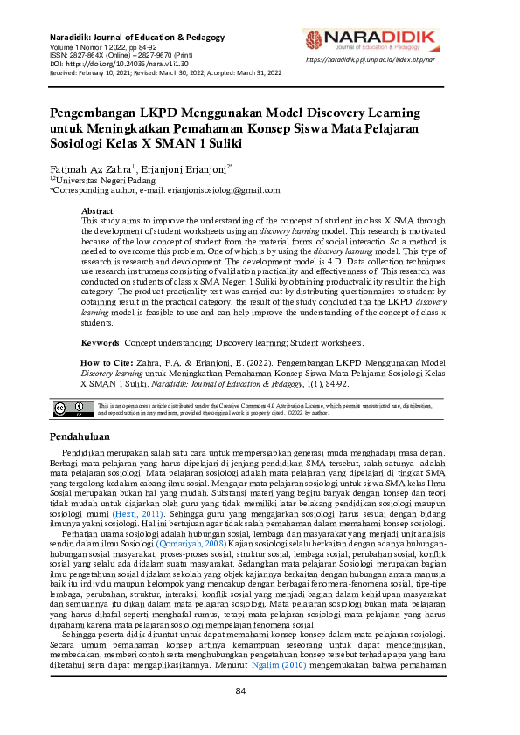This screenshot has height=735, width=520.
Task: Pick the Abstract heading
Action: (x=97, y=211)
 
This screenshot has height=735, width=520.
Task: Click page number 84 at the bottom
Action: (x=260, y=716)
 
